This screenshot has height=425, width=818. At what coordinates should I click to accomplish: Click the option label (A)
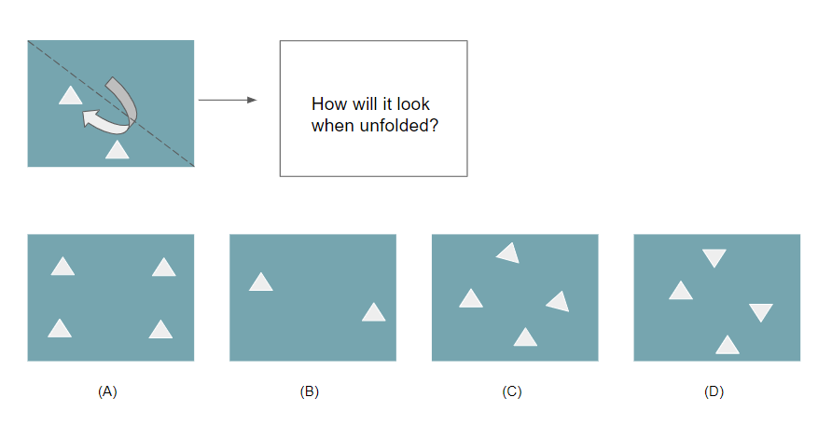[107, 392]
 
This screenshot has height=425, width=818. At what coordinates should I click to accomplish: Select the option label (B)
[310, 392]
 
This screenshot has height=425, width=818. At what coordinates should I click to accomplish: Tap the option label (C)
[511, 392]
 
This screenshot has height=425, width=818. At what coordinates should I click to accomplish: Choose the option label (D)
[714, 392]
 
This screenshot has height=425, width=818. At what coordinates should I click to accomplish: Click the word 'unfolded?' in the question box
[398, 125]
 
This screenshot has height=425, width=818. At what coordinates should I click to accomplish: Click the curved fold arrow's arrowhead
[90, 117]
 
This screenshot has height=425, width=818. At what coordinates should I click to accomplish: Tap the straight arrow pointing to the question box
[228, 99]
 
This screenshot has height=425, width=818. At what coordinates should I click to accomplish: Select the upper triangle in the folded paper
[70, 94]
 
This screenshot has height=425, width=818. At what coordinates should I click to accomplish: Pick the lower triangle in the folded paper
[117, 150]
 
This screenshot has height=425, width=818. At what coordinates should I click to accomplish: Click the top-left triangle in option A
[62, 267]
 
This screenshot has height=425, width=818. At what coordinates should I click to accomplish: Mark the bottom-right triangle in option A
[160, 330]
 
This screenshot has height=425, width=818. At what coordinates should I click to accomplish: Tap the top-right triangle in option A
[163, 268]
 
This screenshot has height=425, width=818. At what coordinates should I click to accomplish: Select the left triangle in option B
[261, 282]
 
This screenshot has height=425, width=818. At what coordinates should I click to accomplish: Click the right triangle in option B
[374, 313]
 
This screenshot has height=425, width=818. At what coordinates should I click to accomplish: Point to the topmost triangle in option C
[508, 253]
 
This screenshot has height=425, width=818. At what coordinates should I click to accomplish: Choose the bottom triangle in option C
[525, 338]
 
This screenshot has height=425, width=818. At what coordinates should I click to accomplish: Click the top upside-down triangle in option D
[714, 257]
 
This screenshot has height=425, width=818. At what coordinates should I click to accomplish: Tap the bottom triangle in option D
[728, 346]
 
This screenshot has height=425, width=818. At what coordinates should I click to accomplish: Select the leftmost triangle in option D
[681, 292]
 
